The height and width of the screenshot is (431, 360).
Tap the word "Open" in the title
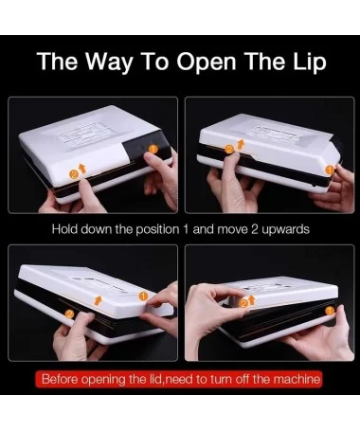206,63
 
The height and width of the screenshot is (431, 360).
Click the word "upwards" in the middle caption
285,229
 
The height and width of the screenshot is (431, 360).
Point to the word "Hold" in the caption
64,228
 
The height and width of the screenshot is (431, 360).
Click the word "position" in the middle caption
157,229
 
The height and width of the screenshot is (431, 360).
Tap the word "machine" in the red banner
297,379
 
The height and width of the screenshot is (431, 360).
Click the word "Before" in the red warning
61,379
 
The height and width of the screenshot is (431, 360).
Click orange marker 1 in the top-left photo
153,149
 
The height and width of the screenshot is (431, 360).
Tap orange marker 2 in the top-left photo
74,173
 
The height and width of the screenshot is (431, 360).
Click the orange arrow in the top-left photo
82,169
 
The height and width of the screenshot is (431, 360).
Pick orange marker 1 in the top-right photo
330,171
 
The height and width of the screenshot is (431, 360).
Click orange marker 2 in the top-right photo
229,149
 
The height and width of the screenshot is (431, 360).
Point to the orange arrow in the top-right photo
241,144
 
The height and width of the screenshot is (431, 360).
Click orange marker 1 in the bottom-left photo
143,296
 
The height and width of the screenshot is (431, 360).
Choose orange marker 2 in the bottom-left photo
70,314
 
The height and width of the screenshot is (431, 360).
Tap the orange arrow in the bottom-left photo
99,300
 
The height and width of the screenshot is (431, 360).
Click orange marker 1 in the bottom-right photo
330,311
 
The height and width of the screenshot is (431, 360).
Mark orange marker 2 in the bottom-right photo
243,304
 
